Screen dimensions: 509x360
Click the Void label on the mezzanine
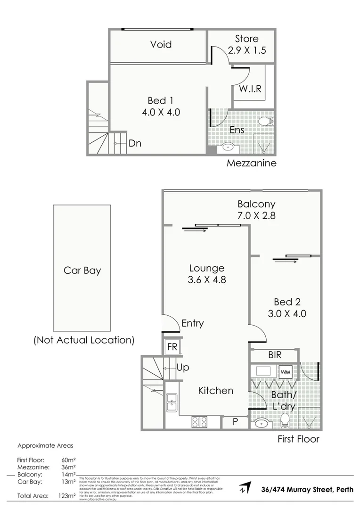point(161,44)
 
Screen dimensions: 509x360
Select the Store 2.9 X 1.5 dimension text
point(247,50)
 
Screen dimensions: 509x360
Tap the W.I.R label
point(250,89)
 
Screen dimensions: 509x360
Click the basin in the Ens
point(229,147)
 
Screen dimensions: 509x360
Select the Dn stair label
point(135,143)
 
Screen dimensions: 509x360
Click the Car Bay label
point(82,271)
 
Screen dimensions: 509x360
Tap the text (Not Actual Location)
point(84,340)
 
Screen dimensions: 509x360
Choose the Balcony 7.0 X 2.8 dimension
point(256,216)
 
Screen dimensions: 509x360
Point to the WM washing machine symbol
point(285,372)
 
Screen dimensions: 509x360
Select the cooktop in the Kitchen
point(199,422)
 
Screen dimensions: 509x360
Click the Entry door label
point(192,323)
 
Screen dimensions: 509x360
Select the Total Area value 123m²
point(67,496)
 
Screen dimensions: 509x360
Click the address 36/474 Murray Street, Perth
point(307,489)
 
